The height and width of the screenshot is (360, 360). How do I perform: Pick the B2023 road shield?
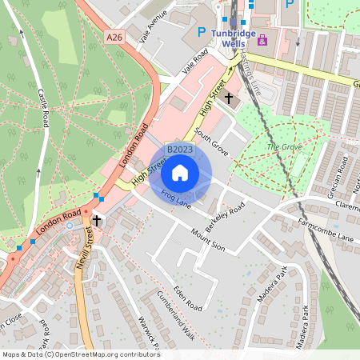tap(180, 150)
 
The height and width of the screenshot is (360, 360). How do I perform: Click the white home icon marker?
tap(180, 173)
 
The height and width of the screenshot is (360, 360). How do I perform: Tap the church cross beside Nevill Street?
tap(97, 220)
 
